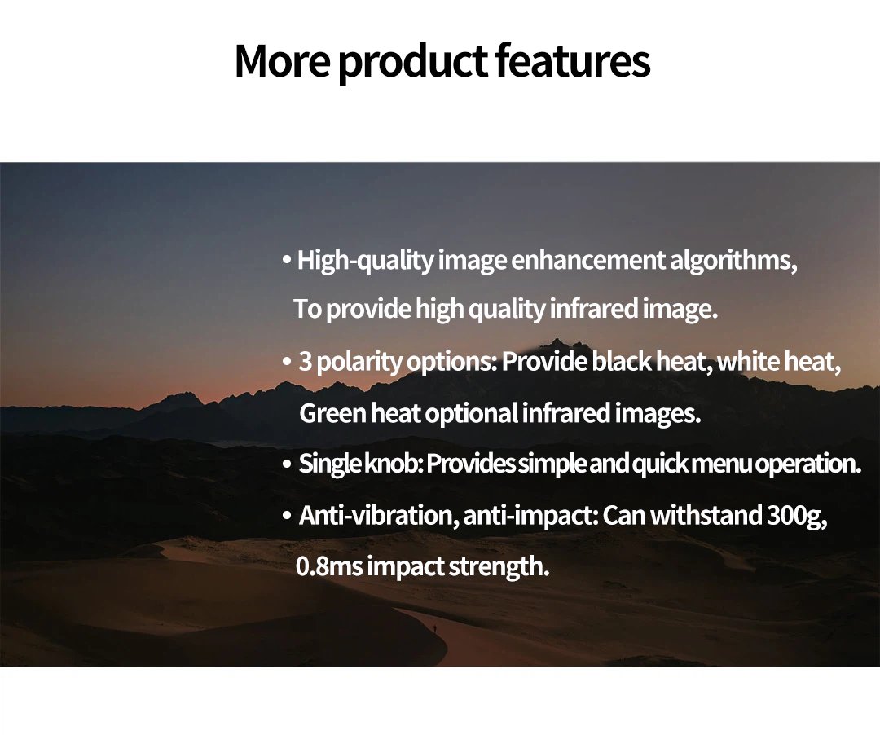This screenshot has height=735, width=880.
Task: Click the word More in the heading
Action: (x=282, y=60)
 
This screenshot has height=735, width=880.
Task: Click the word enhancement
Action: (x=588, y=260)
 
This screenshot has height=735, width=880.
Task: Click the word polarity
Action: (x=359, y=363)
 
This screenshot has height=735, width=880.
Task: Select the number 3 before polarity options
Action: (x=306, y=361)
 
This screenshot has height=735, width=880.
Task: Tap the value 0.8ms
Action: (x=329, y=566)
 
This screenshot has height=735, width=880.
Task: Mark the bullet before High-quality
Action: (x=287, y=260)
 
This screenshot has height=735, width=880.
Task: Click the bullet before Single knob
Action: (x=287, y=464)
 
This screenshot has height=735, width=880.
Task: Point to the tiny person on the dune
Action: (x=434, y=629)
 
